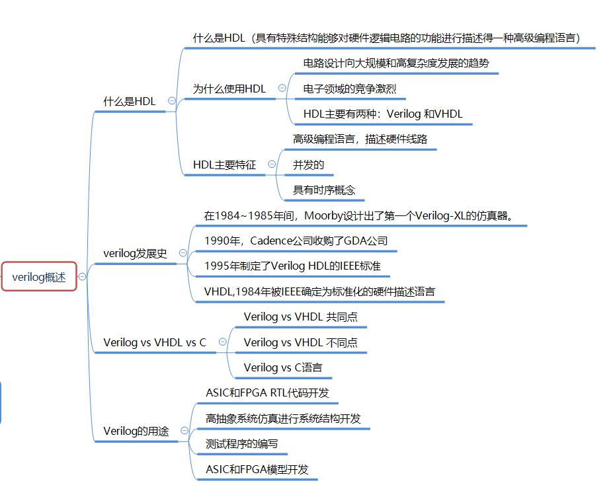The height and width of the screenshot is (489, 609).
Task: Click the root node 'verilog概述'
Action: coord(39,277)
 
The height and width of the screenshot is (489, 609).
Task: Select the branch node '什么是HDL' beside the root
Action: coord(130,101)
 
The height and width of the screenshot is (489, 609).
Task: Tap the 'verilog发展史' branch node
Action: coord(136,253)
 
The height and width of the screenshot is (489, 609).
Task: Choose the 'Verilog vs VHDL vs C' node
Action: coord(155,342)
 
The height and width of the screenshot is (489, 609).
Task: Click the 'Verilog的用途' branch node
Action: coord(136,431)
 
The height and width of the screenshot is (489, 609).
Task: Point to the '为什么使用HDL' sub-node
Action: coord(229,89)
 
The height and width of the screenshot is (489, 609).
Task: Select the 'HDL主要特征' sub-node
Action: coord(224,165)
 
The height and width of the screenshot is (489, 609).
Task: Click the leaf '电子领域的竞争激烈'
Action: coord(350,89)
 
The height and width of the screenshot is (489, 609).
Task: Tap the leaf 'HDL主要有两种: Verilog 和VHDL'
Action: coord(383,114)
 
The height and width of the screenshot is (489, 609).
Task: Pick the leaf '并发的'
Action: coord(309,165)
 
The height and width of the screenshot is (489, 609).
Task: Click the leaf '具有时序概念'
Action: coord(324,190)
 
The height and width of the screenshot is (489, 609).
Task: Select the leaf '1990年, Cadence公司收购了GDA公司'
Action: coord(296,241)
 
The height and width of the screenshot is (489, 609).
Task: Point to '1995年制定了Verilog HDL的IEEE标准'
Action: coord(293,266)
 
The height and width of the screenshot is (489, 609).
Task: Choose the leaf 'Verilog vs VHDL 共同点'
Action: coord(300,317)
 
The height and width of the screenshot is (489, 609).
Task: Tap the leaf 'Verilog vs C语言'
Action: coord(283,367)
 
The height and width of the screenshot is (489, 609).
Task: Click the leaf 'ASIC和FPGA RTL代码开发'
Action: coord(267,393)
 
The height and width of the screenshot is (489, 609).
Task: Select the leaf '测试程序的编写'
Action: coord(242,443)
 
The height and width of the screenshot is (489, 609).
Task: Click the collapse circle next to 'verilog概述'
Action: coord(82,277)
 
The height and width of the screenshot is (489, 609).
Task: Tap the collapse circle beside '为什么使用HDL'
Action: coord(282,88)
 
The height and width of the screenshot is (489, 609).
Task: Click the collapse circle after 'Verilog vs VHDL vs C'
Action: coord(222,342)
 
